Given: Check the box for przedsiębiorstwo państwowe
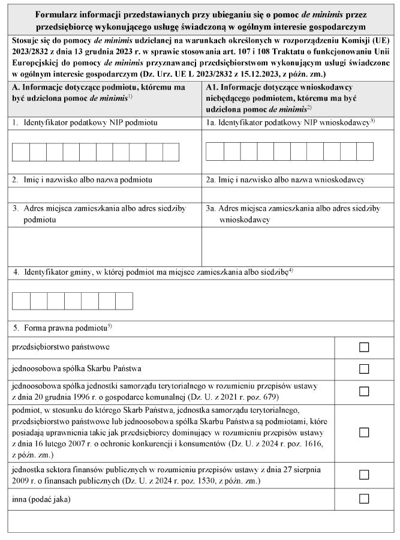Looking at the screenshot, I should (363, 347).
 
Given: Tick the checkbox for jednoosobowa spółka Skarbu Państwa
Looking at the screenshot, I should (363, 368).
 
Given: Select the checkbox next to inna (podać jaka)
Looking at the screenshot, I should (363, 498).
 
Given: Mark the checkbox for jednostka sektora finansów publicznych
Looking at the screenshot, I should (363, 475).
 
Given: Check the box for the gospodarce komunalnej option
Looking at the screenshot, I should (363, 391).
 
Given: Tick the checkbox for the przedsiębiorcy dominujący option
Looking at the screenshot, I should (363, 432).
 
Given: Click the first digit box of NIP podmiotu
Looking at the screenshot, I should (20, 152).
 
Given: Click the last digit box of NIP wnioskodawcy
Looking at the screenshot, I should (365, 152).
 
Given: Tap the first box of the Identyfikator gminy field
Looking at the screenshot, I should (20, 301).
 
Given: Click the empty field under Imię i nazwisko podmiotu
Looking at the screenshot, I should (105, 194).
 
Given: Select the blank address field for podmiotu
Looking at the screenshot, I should (105, 246).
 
